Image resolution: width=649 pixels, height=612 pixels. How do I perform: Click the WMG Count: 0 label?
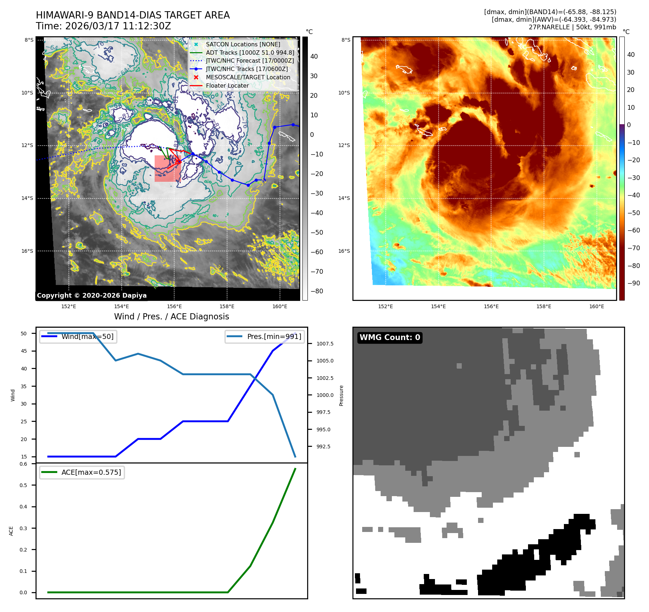pyautogui.click(x=390, y=338)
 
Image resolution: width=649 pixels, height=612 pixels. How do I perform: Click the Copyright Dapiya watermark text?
pyautogui.click(x=92, y=295)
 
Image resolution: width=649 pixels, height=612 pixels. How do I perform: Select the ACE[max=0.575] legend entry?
pyautogui.click(x=91, y=472)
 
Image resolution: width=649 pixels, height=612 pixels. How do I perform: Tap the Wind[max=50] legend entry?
pyautogui.click(x=87, y=336)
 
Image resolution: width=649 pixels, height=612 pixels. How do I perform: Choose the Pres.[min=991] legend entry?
pyautogui.click(x=274, y=336)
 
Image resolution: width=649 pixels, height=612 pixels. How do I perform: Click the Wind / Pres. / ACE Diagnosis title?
pyautogui.click(x=171, y=317)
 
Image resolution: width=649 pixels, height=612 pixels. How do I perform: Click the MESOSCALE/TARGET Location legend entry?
pyautogui.click(x=248, y=77)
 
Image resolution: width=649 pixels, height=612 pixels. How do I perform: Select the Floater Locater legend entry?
pyautogui.click(x=227, y=85)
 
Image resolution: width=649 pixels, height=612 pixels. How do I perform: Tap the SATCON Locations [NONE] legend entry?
pyautogui.click(x=243, y=44)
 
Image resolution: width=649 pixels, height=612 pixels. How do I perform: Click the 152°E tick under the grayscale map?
pyautogui.click(x=68, y=307)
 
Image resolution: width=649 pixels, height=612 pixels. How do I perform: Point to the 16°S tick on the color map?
pyautogui.click(x=344, y=251)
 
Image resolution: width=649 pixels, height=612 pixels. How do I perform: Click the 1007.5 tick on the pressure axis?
pyautogui.click(x=325, y=344)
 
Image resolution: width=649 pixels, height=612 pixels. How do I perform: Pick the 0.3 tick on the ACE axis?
pyautogui.click(x=24, y=528)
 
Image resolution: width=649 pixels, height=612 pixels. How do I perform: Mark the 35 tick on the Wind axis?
pyautogui.click(x=24, y=386)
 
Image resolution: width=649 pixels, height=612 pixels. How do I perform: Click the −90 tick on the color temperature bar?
pyautogui.click(x=633, y=283)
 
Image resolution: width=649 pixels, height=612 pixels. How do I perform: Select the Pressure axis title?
pyautogui.click(x=341, y=395)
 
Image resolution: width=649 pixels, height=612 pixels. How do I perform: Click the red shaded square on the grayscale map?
pyautogui.click(x=167, y=169)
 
